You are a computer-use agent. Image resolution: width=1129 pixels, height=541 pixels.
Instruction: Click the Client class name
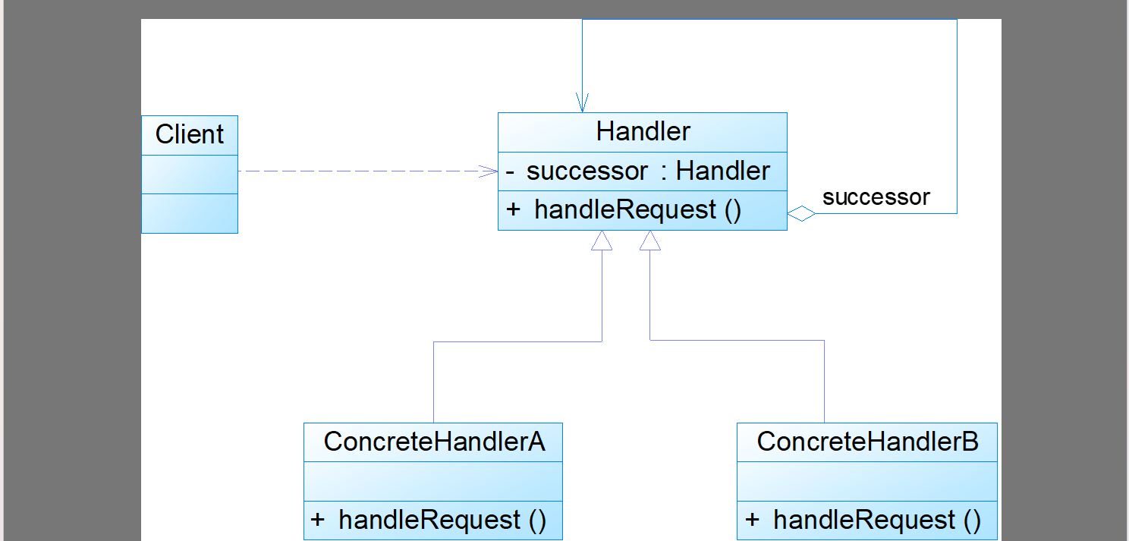(x=190, y=134)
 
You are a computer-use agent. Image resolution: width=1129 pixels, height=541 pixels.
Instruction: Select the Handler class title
(x=643, y=131)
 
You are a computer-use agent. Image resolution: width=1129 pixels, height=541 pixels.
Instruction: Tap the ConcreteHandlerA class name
(x=434, y=442)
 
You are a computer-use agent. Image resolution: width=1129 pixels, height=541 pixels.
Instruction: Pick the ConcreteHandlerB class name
(x=867, y=442)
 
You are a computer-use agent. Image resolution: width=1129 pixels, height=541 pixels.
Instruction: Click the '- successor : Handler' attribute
(x=637, y=171)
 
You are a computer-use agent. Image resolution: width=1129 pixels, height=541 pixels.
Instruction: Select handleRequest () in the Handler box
(x=637, y=209)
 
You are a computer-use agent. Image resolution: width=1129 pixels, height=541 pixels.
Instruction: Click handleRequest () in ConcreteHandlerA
(x=442, y=521)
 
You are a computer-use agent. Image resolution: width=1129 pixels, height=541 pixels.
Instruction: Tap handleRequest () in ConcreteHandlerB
(x=877, y=521)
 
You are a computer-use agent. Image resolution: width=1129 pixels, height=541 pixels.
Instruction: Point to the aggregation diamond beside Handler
(x=801, y=214)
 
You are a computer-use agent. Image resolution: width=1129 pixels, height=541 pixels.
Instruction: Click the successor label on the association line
(x=876, y=197)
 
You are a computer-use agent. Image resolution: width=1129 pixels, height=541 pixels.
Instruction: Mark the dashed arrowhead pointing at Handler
(x=488, y=171)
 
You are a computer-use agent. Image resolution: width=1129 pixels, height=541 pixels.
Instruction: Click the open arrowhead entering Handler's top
(x=582, y=103)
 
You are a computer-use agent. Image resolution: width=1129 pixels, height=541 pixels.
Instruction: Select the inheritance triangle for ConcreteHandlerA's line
(x=602, y=241)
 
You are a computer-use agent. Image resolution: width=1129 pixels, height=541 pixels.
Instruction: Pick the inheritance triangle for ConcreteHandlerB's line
(x=650, y=241)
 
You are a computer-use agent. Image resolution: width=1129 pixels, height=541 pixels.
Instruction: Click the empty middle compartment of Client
(x=190, y=175)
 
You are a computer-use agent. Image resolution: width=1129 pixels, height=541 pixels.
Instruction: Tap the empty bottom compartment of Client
(x=190, y=214)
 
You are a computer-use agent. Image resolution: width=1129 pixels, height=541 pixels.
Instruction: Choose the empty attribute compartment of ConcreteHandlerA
(x=433, y=482)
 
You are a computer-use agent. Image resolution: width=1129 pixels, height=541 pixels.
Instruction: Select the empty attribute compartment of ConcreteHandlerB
(x=867, y=482)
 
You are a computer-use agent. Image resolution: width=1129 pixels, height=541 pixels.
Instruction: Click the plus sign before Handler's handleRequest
(x=513, y=209)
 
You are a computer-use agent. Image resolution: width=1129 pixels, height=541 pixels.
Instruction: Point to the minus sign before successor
(x=510, y=173)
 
